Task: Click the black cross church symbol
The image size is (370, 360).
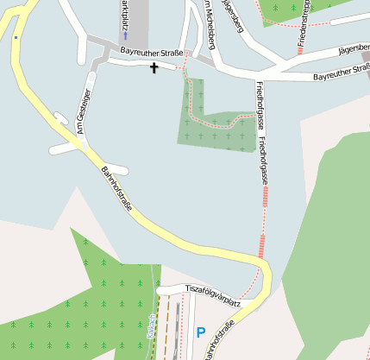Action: coord(155,67)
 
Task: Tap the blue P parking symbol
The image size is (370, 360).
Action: coord(201,332)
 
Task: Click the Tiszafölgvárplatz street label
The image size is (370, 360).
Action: coord(212,296)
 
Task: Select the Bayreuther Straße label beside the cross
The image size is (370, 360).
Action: coord(151,53)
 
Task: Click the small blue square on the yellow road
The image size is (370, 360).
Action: coord(16,37)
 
